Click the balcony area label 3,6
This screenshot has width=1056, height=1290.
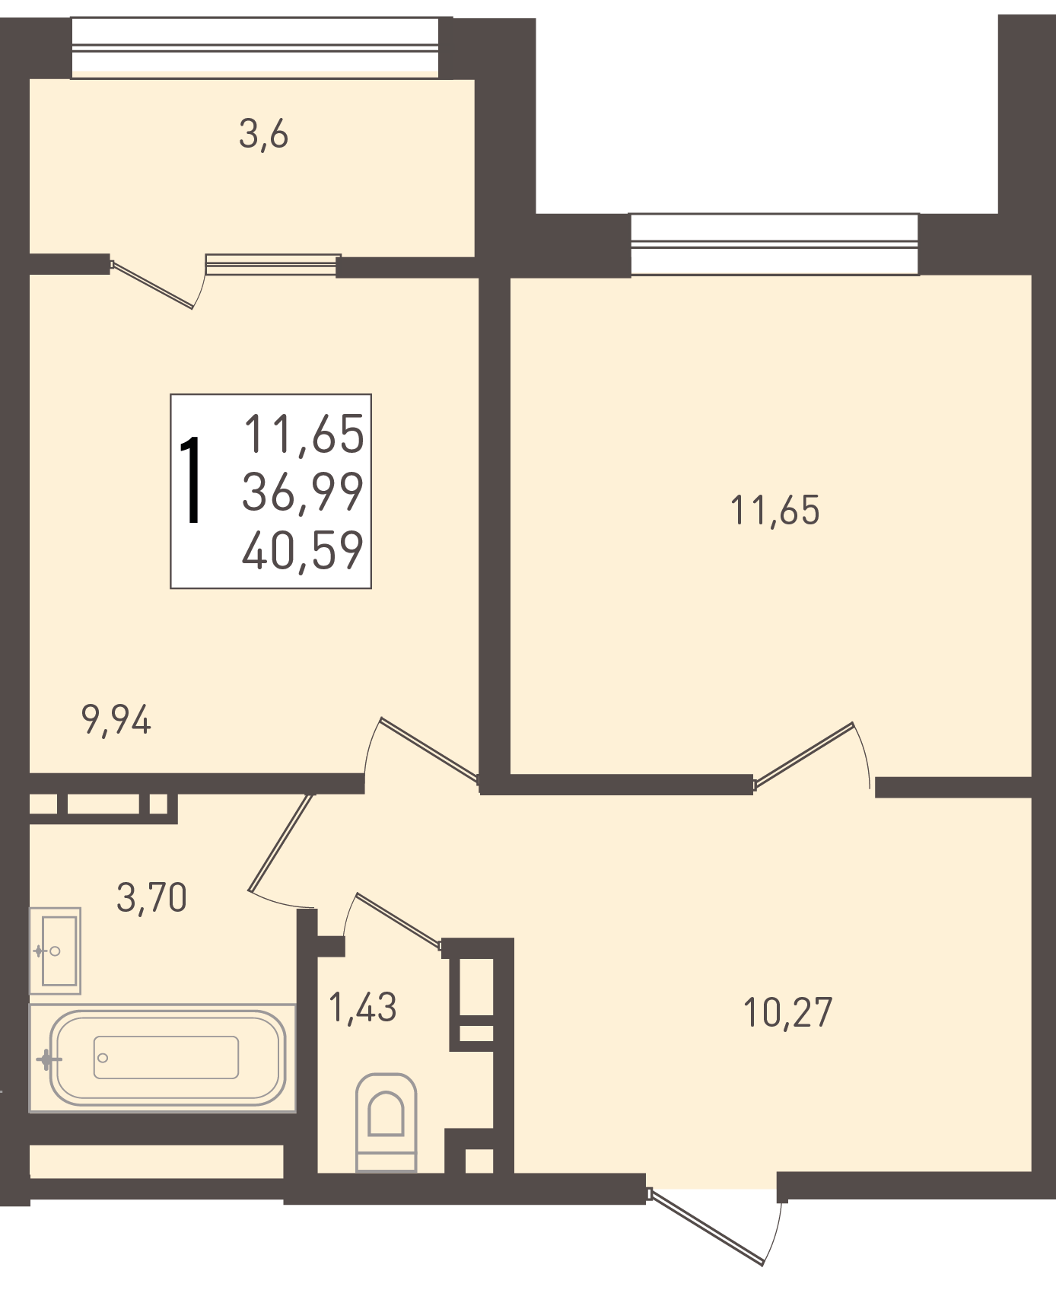pos(264,135)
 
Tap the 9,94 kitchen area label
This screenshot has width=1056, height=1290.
pos(116,720)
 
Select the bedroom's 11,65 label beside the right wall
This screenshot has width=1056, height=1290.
pos(775,510)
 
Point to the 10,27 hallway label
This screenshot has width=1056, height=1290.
pos(788,1012)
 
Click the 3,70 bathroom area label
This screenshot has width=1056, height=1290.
pos(152,897)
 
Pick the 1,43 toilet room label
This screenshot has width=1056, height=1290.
pos(363,1008)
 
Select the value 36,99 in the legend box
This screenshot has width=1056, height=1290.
pos(303,492)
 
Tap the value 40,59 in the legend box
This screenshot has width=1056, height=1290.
pos(303,550)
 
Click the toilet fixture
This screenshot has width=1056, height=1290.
pos(386,1122)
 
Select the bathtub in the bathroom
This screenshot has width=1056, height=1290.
pos(163,1058)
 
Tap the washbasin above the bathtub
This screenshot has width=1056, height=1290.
pos(55,951)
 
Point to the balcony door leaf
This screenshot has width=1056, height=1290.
pos(152,285)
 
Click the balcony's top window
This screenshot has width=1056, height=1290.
pos(255,47)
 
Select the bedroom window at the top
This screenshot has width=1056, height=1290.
pos(775,244)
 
